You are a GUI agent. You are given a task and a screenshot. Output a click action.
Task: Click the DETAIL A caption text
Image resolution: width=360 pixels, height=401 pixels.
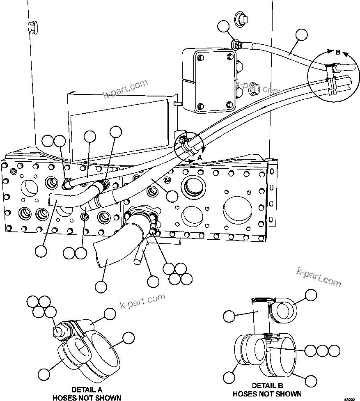tap(87, 390)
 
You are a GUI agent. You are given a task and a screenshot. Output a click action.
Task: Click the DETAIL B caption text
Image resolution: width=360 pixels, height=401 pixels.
tap(267, 386)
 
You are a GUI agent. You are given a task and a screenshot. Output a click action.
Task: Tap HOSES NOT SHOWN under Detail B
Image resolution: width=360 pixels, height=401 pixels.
tap(267, 394)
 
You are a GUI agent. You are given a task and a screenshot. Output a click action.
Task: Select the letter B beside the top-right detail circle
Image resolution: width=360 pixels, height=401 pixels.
tap(337, 53)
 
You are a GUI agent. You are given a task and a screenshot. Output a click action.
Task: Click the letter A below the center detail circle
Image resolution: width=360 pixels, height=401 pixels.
tap(200, 158)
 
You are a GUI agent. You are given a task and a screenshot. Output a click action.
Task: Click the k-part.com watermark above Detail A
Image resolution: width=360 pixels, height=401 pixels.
tap(142, 302)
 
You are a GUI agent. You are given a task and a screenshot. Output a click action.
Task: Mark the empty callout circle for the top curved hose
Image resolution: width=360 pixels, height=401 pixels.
tap(302, 35)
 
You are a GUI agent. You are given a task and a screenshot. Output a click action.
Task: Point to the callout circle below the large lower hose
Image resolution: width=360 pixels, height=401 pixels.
tap(101, 286)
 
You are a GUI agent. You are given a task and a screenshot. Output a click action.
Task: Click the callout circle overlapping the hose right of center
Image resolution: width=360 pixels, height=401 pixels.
tap(173, 195)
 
